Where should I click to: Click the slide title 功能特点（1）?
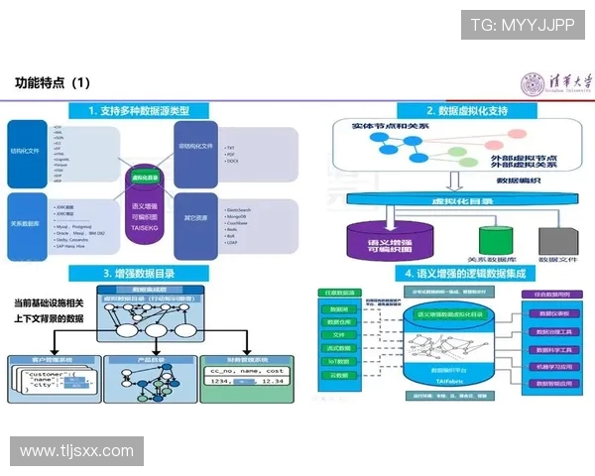point(54,82)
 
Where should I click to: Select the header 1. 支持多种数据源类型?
point(151,110)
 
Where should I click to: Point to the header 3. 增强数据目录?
point(151,273)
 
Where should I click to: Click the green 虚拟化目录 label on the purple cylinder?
point(146,178)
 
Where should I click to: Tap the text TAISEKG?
point(146,228)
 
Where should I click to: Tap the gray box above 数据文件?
point(552,238)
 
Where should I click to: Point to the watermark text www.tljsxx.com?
point(76,451)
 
